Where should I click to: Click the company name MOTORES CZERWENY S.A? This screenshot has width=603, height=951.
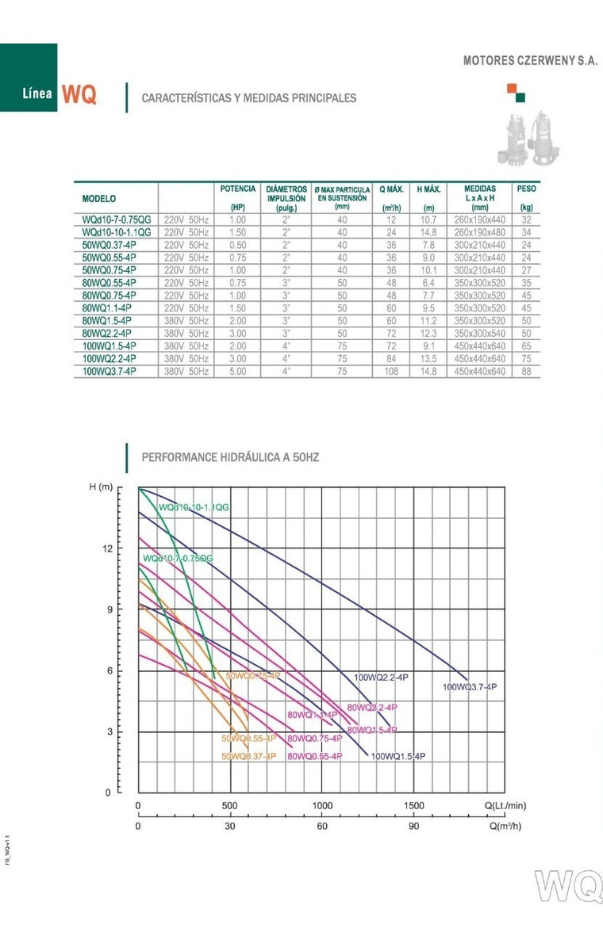(529, 60)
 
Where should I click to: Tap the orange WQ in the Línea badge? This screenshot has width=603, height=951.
(79, 95)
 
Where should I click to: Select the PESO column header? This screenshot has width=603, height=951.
(525, 189)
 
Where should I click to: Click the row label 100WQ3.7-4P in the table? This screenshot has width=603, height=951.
(109, 371)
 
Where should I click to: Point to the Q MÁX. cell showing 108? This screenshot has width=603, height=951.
(391, 371)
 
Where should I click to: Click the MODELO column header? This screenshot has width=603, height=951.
(99, 198)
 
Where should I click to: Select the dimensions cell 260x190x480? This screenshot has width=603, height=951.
(480, 232)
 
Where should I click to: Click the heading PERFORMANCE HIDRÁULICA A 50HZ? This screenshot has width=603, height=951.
(230, 457)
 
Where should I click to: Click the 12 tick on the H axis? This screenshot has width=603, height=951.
(108, 548)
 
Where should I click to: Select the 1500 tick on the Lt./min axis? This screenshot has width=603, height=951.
(413, 806)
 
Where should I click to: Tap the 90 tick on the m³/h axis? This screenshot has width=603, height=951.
(413, 825)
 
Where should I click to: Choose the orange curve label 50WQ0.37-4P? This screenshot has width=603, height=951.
(248, 756)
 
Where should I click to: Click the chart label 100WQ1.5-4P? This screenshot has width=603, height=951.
(398, 756)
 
